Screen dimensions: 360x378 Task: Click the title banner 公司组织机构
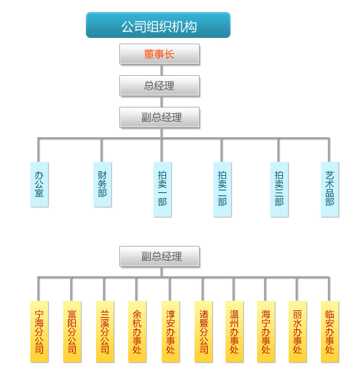pos(158,25)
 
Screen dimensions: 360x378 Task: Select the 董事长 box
pos(159,54)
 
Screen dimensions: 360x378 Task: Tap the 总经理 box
pos(159,85)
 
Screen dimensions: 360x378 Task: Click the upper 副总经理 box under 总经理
pos(159,117)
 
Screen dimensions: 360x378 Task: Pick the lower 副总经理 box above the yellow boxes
pos(159,256)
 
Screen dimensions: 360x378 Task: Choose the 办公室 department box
pos(39,185)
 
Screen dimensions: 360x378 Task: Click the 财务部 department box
pos(102,185)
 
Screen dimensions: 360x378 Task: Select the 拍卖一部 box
pos(162,190)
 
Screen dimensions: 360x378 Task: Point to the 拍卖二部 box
pos(222,190)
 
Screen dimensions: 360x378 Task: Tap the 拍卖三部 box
pos(279,190)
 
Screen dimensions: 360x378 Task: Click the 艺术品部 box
pos(330,190)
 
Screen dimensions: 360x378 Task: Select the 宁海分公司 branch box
pos(39,332)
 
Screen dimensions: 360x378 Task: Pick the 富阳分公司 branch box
pos(72,332)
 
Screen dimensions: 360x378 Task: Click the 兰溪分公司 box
pos(105,332)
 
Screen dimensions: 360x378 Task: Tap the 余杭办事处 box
pos(137,332)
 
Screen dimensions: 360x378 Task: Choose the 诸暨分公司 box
pos(203,332)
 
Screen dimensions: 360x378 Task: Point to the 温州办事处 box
pos(234,332)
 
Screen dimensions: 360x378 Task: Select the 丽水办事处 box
pos(297,332)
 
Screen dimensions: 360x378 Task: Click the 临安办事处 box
pos(330,332)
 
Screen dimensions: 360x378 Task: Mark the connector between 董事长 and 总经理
pos(162,70)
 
